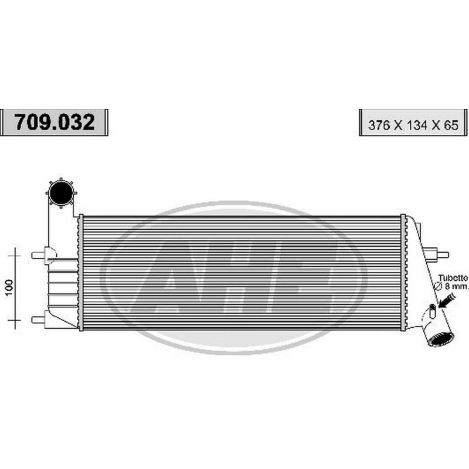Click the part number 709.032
tap(54, 122)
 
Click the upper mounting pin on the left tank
tap(39, 255)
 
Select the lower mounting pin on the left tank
tap(39, 320)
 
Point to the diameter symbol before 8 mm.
tap(437, 286)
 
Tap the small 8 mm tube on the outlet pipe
tap(433, 310)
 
